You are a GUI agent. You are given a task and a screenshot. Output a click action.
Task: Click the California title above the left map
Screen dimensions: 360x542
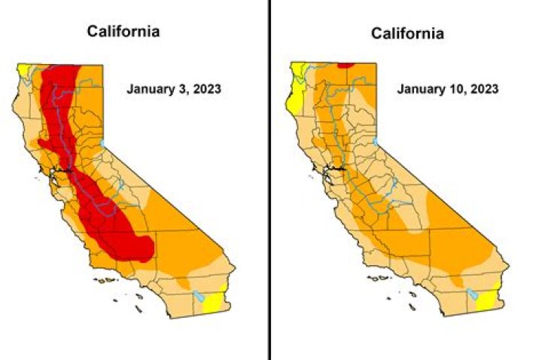point(123,32)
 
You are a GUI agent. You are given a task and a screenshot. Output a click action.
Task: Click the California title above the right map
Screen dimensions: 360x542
point(407,34)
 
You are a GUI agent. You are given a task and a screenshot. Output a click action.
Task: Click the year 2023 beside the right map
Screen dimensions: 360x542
point(483,89)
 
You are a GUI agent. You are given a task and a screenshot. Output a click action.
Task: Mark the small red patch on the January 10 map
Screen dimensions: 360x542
point(346,65)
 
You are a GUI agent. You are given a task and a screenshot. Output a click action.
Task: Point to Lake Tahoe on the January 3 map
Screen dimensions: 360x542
point(103,143)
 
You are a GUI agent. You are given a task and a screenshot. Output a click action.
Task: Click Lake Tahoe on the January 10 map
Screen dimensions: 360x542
point(376,141)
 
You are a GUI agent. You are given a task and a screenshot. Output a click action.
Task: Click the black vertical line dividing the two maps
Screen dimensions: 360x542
point(269,180)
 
